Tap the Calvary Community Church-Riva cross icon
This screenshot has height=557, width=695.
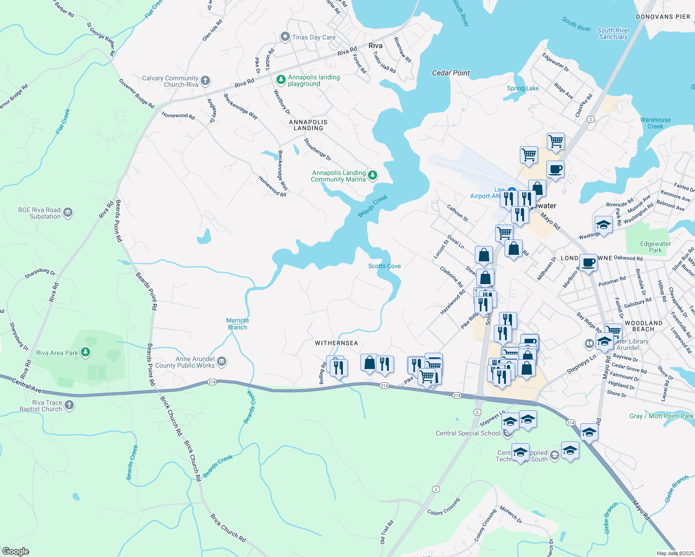click(x=205, y=81)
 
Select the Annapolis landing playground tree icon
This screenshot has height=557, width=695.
click(x=281, y=80)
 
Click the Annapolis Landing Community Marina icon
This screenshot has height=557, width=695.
click(x=373, y=175)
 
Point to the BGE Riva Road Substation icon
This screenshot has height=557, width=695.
click(x=68, y=213)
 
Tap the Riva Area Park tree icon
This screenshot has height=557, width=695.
click(x=85, y=352)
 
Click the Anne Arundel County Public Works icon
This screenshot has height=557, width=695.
click(x=222, y=362)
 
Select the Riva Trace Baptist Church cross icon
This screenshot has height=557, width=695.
click(x=69, y=405)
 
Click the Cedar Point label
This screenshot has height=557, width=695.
click(x=451, y=73)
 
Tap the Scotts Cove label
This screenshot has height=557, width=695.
click(x=384, y=266)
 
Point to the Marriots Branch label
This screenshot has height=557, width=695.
click(x=237, y=324)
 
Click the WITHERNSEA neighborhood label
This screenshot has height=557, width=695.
click(x=336, y=343)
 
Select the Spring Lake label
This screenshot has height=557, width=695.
click(x=523, y=88)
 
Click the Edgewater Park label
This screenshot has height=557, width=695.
click(x=655, y=247)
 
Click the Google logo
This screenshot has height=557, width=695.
click(x=15, y=551)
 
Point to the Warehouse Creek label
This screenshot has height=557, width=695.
click(x=655, y=123)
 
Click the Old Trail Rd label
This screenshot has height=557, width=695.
click(x=387, y=532)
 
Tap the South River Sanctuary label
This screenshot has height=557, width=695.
click(x=613, y=33)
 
